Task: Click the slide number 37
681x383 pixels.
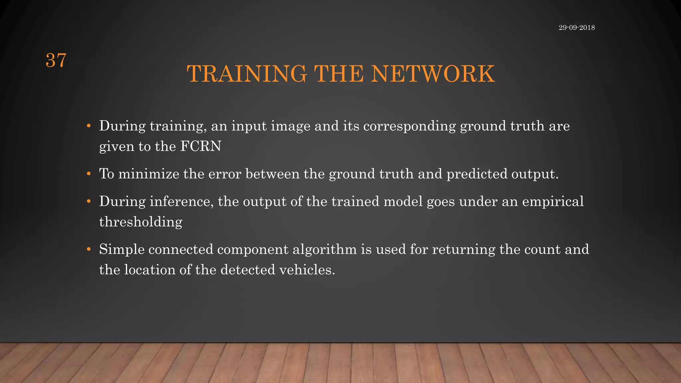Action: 56,61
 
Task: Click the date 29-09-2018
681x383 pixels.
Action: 577,28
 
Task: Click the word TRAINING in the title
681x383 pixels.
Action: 246,74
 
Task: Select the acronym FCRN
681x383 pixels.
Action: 201,146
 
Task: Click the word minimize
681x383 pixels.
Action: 149,174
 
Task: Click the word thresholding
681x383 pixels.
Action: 141,222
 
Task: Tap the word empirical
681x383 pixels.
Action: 553,201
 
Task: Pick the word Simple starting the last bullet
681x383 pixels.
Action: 122,249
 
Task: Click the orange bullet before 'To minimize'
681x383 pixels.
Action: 88,174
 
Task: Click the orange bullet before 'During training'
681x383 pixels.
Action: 88,126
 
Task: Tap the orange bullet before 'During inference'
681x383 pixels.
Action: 88,201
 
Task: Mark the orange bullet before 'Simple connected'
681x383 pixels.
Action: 88,249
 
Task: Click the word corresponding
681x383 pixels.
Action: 409,126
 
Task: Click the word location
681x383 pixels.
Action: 150,270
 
